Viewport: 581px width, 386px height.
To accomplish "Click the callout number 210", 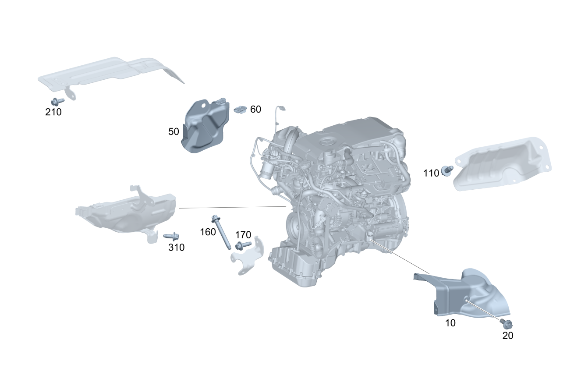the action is point(53,112).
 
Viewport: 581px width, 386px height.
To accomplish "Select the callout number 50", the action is point(174,132).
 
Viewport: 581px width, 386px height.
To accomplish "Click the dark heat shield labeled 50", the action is point(205,126).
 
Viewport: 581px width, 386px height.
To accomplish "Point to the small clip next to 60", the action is point(240,109).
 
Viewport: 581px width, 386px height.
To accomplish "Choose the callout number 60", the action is point(255,110).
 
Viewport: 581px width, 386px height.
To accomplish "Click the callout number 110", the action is point(431,174).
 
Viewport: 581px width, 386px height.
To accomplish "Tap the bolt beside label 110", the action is point(447,170).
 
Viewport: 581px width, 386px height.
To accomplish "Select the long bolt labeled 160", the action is point(221,232).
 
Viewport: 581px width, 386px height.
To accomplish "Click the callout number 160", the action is point(208,232).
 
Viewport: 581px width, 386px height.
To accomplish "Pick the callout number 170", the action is point(243,235).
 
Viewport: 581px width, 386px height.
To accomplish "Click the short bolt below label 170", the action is point(243,245).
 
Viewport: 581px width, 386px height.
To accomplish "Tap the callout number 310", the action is point(177,248).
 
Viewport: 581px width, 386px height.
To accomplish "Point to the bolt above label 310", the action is point(171,236).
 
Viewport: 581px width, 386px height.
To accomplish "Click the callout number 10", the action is point(450,323).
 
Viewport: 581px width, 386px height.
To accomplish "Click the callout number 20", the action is point(508,336).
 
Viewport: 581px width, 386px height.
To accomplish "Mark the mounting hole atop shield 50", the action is point(203,106).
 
